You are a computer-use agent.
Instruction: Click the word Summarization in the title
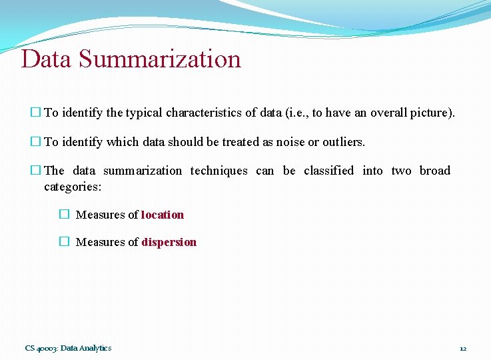[160, 59]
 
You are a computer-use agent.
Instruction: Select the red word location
[163, 215]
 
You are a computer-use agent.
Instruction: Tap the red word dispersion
[169, 242]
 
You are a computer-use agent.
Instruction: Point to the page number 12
[463, 348]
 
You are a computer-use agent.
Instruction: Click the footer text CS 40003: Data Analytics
[68, 348]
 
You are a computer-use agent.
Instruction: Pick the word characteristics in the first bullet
[204, 113]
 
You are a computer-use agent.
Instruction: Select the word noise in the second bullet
[299, 142]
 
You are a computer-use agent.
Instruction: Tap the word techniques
[219, 171]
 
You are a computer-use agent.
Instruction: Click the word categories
[72, 187]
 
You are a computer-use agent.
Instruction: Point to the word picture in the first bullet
[432, 113]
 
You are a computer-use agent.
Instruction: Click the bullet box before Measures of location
[63, 215]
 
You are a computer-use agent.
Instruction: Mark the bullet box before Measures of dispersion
[63, 242]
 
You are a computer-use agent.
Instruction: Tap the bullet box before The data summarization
[35, 171]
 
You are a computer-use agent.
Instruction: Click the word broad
[435, 171]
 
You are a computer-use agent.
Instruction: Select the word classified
[328, 171]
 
